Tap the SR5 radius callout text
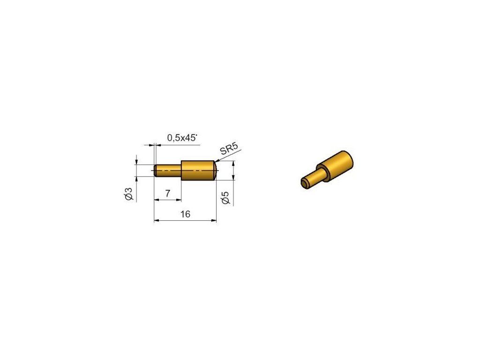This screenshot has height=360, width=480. (229, 149)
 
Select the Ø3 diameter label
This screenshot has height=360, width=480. (129, 194)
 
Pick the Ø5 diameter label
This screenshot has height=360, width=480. (225, 197)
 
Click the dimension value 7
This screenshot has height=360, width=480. (167, 194)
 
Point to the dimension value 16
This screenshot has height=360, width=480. (185, 214)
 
